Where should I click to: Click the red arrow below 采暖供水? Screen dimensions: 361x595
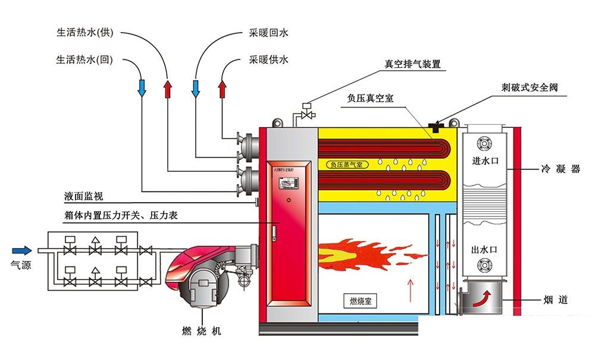[x=223, y=89]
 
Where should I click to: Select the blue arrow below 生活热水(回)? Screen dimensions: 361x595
[x=142, y=88]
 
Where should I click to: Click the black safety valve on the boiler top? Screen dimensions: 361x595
[x=436, y=125]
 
